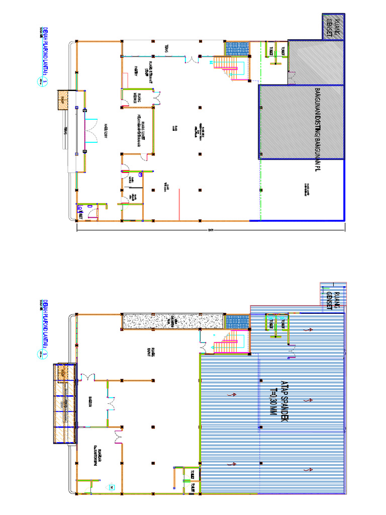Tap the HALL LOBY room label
pos(107,130)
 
